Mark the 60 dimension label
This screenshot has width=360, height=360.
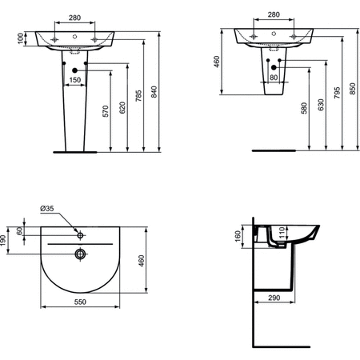22,232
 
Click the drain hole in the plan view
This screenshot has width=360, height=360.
78,255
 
